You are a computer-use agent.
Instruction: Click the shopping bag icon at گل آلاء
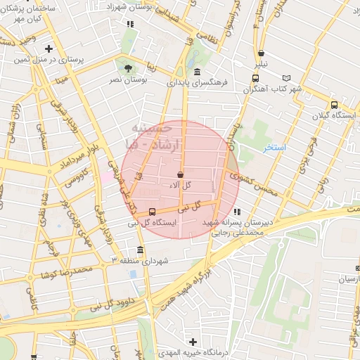pyautogui.click(x=180, y=174)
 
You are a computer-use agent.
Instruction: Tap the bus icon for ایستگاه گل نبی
pyautogui.click(x=153, y=212)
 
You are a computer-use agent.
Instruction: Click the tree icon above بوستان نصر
pyautogui.click(x=128, y=68)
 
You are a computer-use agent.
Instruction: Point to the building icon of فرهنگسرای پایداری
pyautogui.click(x=196, y=72)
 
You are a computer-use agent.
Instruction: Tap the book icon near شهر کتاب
pyautogui.click(x=285, y=78)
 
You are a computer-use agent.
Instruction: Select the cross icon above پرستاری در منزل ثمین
pyautogui.click(x=49, y=49)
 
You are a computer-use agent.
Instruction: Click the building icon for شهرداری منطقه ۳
pyautogui.click(x=141, y=250)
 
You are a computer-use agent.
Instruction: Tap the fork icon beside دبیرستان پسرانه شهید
pyautogui.click(x=237, y=211)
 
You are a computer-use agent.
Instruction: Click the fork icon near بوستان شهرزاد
pyautogui.click(x=129, y=24)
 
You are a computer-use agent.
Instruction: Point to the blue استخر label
pyautogui.click(x=274, y=148)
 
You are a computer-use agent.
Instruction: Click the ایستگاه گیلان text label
pyautogui.click(x=335, y=114)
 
